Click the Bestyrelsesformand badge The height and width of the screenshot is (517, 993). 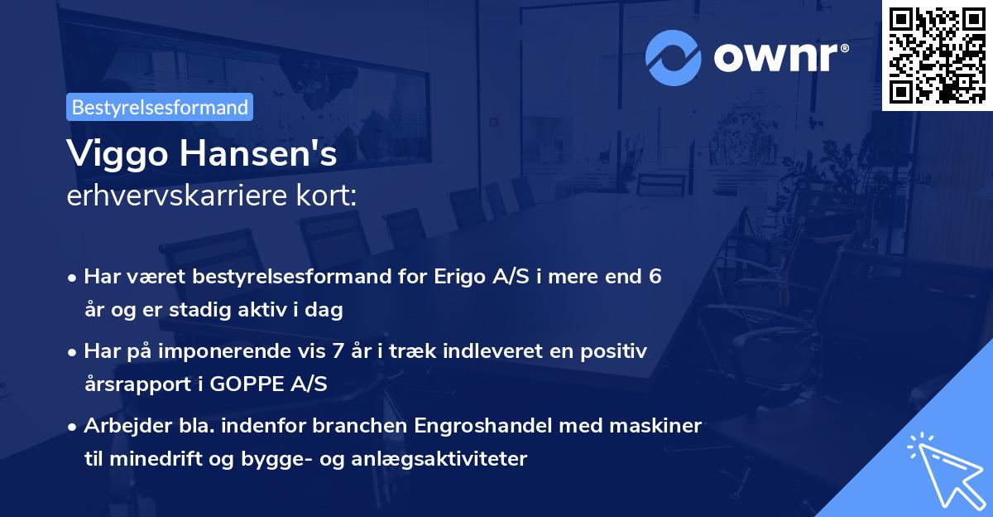click(160, 107)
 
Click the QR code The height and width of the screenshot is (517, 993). click(936, 55)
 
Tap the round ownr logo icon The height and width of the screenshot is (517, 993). click(674, 58)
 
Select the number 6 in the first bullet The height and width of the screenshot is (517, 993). click(655, 277)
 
